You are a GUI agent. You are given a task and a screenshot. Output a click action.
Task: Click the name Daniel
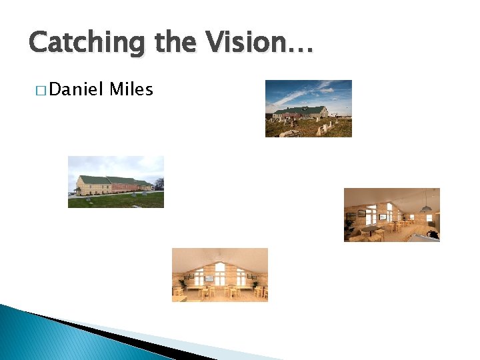tap(74, 89)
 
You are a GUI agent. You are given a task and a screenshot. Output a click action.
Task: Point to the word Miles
tap(131, 89)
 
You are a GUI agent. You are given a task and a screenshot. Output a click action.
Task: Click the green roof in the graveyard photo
tap(301, 109)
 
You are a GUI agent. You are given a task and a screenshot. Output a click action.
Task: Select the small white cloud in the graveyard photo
tap(327, 89)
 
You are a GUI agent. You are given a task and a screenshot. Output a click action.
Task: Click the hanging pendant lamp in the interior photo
tap(425, 208)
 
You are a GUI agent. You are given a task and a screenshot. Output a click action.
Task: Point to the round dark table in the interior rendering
tap(370, 229)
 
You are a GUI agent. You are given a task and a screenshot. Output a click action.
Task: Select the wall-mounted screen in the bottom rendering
tap(209, 277)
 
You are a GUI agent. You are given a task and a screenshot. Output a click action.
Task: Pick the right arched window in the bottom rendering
tap(241, 276)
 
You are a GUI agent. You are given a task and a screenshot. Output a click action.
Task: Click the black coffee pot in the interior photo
tap(433, 234)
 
